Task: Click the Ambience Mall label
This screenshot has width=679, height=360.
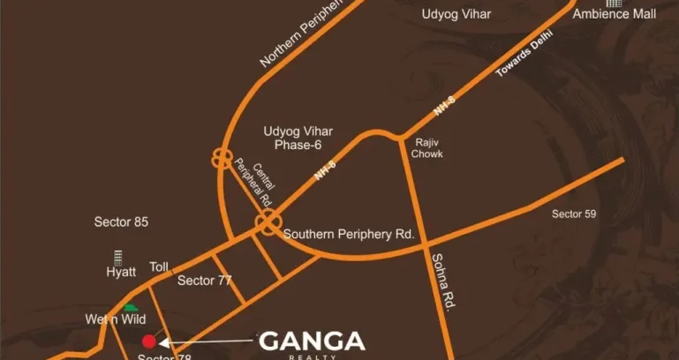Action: [x=626, y=14]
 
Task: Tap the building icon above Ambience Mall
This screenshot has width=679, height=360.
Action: [x=608, y=3]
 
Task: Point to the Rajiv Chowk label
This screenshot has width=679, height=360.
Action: [x=426, y=146]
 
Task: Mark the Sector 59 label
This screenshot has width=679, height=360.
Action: [x=580, y=214]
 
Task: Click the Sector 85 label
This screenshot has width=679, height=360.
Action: [x=121, y=221]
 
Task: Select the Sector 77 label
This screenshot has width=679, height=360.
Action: [x=204, y=281]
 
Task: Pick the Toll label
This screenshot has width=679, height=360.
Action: [x=159, y=266]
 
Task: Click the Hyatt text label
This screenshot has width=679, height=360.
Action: [x=121, y=273]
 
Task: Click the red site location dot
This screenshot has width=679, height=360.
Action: [x=149, y=341]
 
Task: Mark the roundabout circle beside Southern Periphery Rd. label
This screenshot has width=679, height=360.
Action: [x=268, y=224]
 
